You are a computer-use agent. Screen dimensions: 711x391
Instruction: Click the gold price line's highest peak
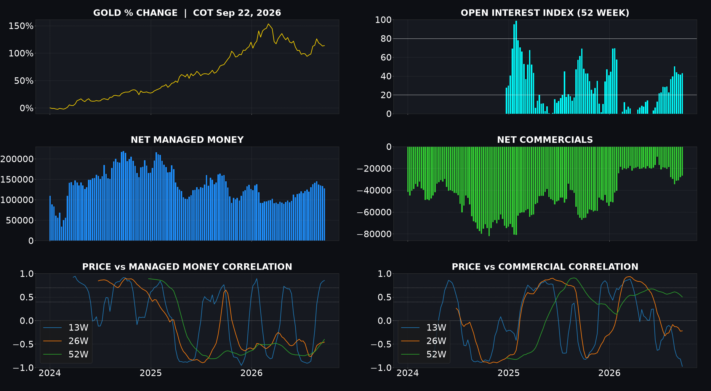pyautogui.click(x=268, y=24)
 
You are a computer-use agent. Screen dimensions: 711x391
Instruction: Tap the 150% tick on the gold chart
pyautogui.click(x=21, y=26)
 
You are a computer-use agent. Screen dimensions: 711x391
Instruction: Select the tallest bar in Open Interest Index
pyautogui.click(x=516, y=67)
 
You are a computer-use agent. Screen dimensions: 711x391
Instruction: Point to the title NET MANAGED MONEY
pyautogui.click(x=187, y=140)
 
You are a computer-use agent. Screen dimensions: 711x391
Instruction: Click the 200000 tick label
pyautogui.click(x=17, y=159)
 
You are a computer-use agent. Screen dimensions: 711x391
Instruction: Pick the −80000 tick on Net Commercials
pyautogui.click(x=374, y=234)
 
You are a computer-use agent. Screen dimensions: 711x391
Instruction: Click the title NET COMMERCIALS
pyautogui.click(x=545, y=140)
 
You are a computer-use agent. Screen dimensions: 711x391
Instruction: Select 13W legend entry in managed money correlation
pyautogui.click(x=66, y=328)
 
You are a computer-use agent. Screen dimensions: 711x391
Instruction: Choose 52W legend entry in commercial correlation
pyautogui.click(x=424, y=354)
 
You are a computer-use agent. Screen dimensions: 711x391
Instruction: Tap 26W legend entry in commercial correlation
pyautogui.click(x=424, y=341)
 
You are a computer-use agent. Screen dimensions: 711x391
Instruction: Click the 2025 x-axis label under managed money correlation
pyautogui.click(x=151, y=373)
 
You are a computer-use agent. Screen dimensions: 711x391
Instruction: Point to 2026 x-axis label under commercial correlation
pyautogui.click(x=609, y=373)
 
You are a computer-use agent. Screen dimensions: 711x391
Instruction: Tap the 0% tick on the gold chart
pyautogui.click(x=27, y=108)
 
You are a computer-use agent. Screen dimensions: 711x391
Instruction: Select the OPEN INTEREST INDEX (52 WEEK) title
pyautogui.click(x=545, y=13)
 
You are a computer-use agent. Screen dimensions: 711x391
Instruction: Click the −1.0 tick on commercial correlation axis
pyautogui.click(x=381, y=368)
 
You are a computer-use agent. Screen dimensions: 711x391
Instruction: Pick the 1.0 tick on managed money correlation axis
pyautogui.click(x=27, y=274)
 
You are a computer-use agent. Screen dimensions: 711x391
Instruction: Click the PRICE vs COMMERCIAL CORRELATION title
pyautogui.click(x=545, y=267)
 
